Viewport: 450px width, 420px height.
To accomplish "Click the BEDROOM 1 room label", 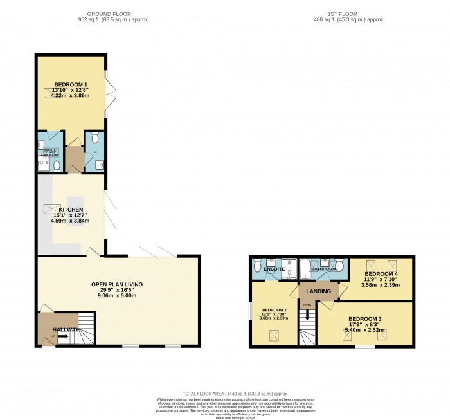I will pyautogui.click(x=70, y=85).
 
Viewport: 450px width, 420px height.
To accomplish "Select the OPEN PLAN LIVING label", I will pyautogui.click(x=116, y=284).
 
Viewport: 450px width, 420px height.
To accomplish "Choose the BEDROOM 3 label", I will pyautogui.click(x=365, y=319).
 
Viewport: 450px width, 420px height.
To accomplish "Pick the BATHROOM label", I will pyautogui.click(x=323, y=269).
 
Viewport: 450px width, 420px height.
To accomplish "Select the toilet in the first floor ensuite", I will pyautogui.click(x=257, y=264).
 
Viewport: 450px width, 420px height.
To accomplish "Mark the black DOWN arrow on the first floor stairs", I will pyautogui.click(x=307, y=315).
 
